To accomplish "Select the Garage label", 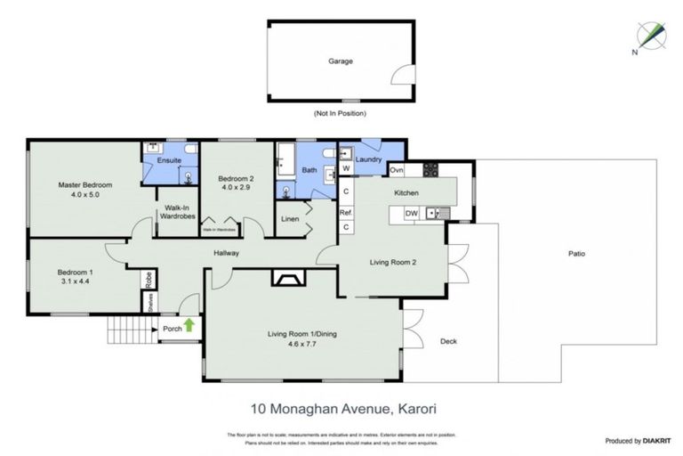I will pos(340,61).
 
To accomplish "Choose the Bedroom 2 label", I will pos(237,179).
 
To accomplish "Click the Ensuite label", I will pos(169,160).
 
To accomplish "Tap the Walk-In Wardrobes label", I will pos(176,214).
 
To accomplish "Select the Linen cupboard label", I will pos(289,218).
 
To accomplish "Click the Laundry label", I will pos(369,160).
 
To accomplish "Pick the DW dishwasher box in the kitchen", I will pos(411,213).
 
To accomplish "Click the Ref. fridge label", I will pos(346,213).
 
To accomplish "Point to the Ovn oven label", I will pos(397,169).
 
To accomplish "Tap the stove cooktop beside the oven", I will pos(430,169).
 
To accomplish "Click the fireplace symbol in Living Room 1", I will pos(287,281).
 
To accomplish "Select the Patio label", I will pos(576,254).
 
